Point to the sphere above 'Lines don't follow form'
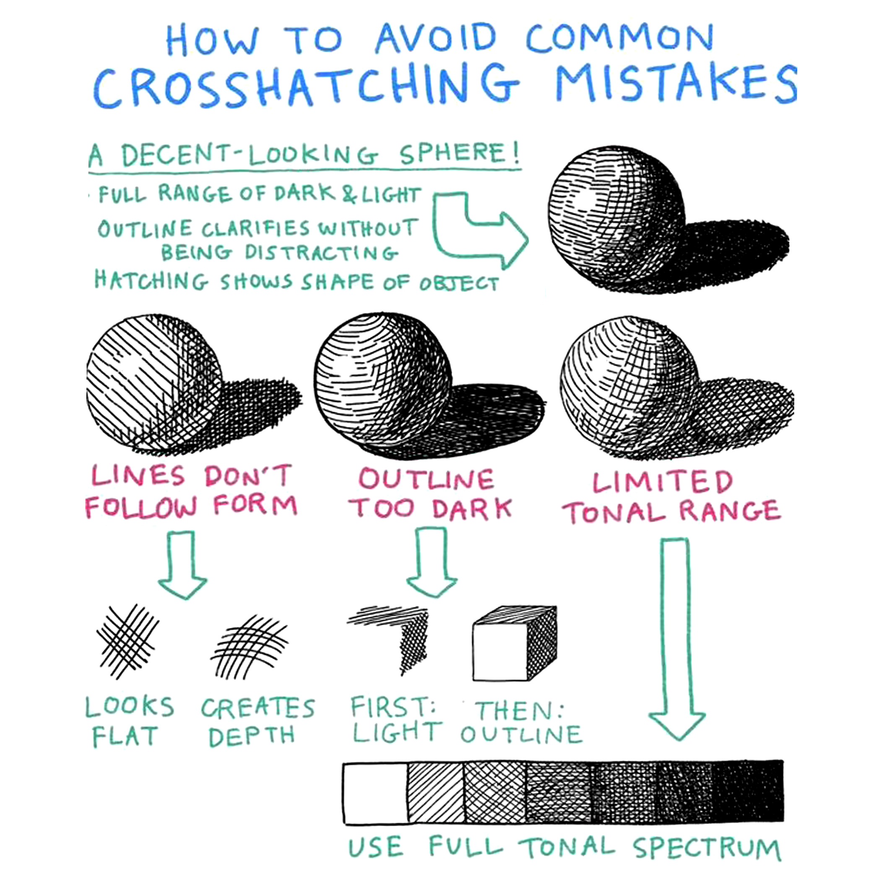pyautogui.click(x=155, y=382)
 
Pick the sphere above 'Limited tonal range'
pyautogui.click(x=630, y=387)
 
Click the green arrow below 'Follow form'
pyautogui.click(x=183, y=564)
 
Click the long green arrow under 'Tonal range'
pyautogui.click(x=676, y=637)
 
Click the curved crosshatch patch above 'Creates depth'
pyautogui.click(x=250, y=646)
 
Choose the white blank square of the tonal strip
pyautogui.click(x=375, y=794)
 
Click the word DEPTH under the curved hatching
pyautogui.click(x=252, y=736)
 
